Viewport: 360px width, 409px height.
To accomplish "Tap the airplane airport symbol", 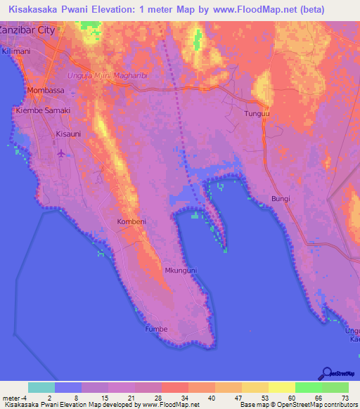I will [62, 152].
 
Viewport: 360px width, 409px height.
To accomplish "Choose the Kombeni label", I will [131, 221].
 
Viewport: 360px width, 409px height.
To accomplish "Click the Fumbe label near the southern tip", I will [156, 328].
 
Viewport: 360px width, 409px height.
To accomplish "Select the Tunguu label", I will [257, 113].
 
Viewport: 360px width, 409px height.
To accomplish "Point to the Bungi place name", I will [281, 200].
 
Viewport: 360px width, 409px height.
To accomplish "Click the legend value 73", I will [346, 397].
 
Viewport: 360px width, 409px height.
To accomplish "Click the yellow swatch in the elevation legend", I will [282, 387].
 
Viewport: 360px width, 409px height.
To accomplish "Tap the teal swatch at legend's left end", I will [41, 387].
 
